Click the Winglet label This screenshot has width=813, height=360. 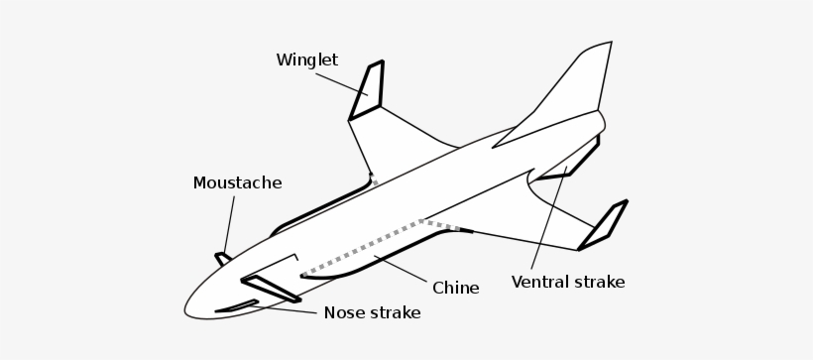(x=306, y=60)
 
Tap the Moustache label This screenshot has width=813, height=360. (x=237, y=183)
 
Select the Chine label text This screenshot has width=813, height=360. (x=455, y=289)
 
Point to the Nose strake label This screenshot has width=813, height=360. (x=372, y=313)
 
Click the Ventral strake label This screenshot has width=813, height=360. (x=567, y=283)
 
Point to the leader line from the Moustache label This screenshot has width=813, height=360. (x=231, y=223)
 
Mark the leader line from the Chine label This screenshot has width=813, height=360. (x=402, y=270)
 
